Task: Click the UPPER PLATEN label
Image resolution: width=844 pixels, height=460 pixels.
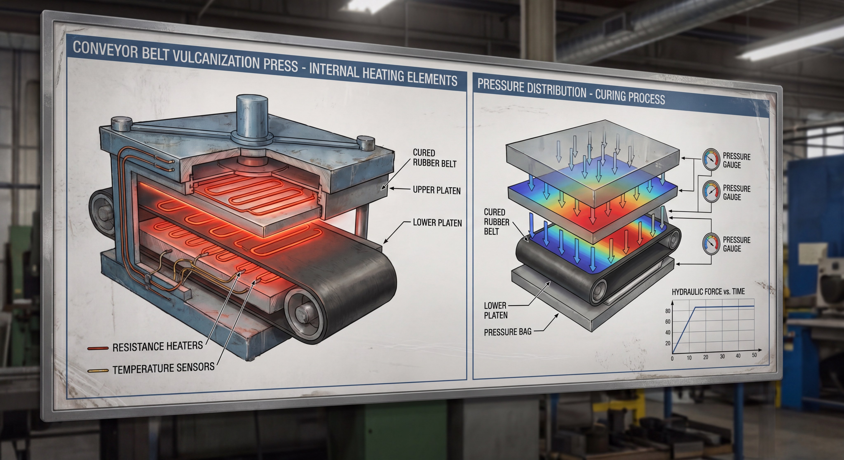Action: coord(437,190)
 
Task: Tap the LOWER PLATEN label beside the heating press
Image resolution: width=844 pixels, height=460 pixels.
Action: coord(437,223)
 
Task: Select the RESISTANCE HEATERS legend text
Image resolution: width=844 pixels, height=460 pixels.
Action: coord(158,346)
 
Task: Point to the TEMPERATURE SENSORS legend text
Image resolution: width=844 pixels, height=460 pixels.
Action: coord(163,368)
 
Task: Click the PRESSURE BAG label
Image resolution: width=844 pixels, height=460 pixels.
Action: coord(508,332)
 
